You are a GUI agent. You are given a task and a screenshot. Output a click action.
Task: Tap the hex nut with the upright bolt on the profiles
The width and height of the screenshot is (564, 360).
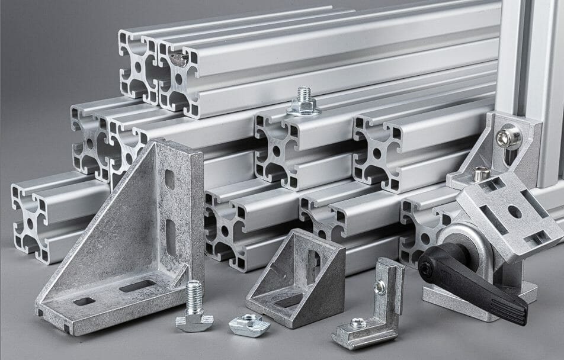click(304, 108)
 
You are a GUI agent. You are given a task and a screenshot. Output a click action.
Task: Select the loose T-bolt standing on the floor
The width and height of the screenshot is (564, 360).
click(194, 308)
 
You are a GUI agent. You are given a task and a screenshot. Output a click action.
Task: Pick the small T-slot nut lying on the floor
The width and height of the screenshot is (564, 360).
click(249, 324)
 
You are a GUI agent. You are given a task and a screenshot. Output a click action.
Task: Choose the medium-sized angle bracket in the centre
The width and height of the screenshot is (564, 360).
click(296, 275)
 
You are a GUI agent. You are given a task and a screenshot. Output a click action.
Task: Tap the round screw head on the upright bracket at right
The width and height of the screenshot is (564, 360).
click(509, 138)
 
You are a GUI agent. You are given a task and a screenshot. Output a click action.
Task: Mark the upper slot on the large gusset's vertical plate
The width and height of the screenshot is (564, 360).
click(170, 179)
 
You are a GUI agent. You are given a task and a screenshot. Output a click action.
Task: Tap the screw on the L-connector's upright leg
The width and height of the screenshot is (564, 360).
click(379, 287)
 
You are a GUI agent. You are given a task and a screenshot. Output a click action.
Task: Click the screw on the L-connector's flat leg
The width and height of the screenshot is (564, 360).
click(358, 323)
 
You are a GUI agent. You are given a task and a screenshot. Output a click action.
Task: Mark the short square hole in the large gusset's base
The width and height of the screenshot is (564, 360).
click(84, 301)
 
